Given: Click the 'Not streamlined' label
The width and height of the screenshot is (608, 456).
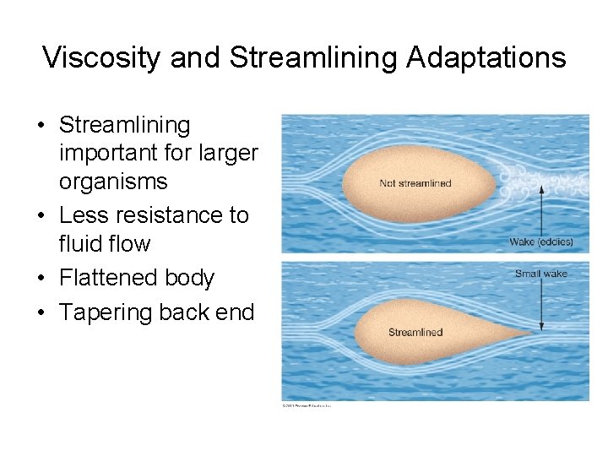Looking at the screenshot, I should pos(415,183).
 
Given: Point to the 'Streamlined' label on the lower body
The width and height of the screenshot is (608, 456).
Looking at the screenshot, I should pos(415,332).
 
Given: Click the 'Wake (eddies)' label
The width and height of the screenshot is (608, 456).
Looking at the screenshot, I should pos(541,242).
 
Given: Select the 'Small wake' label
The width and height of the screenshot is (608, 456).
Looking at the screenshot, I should pos(541,274).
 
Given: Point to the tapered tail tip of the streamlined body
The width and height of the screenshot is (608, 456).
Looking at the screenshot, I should pos(530,335).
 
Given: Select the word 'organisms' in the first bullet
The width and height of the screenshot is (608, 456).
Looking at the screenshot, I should pos(113,182).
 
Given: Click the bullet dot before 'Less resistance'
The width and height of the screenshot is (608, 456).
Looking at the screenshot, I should pos(41,216).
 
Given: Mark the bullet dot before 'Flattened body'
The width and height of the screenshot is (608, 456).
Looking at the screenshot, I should pos(41,279).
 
